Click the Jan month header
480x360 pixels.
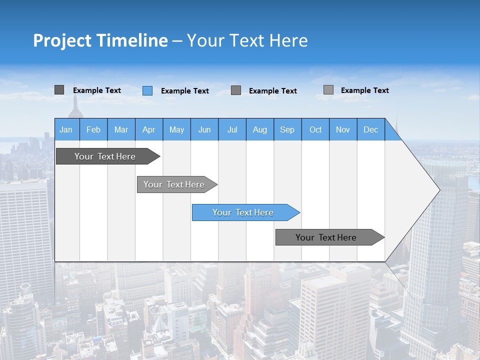click(x=66, y=129)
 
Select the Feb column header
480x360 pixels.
click(x=93, y=129)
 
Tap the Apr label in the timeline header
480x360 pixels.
click(x=148, y=129)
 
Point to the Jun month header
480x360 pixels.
click(x=204, y=129)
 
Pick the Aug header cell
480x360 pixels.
click(x=260, y=129)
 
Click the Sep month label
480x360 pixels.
click(x=287, y=129)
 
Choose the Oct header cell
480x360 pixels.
click(x=315, y=129)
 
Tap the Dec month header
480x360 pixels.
click(x=370, y=129)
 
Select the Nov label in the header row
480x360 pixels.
click(x=343, y=129)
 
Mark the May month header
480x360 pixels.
click(x=176, y=129)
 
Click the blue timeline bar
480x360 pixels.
click(x=243, y=212)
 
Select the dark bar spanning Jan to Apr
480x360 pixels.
click(x=105, y=156)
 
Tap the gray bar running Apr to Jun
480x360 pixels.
click(x=174, y=184)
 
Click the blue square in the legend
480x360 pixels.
click(x=147, y=90)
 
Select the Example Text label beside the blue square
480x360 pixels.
click(x=184, y=91)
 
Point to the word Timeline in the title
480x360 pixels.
click(x=132, y=40)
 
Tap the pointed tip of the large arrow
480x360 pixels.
click(x=438, y=189)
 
